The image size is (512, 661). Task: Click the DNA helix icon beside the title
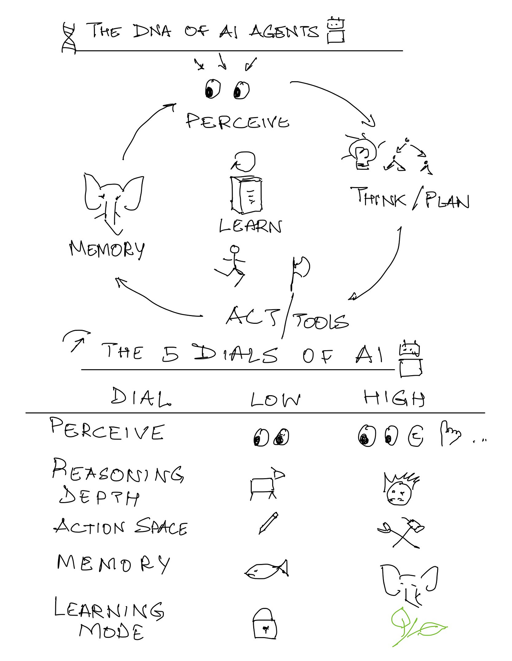69,38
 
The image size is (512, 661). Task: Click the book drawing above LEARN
247,194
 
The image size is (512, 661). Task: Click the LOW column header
275,400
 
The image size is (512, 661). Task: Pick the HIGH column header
394,398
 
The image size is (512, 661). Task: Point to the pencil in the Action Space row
268,523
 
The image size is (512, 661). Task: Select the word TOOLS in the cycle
320,321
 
